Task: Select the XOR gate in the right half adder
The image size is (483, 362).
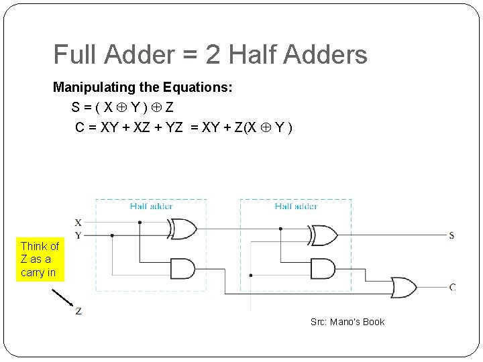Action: pyautogui.click(x=323, y=235)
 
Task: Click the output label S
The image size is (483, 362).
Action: pyautogui.click(x=451, y=235)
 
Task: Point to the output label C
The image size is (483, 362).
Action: pyautogui.click(x=452, y=287)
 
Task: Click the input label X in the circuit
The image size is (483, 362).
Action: pyautogui.click(x=78, y=223)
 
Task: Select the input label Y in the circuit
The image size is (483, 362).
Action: pyautogui.click(x=78, y=235)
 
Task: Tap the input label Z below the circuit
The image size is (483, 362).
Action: pyautogui.click(x=79, y=311)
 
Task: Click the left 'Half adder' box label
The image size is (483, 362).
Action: pyautogui.click(x=151, y=206)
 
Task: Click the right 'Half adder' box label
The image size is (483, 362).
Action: pyautogui.click(x=296, y=206)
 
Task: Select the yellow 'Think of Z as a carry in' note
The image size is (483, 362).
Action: pyautogui.click(x=40, y=259)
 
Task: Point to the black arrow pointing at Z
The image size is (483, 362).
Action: pyautogui.click(x=62, y=296)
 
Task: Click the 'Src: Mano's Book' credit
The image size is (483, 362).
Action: pyautogui.click(x=347, y=322)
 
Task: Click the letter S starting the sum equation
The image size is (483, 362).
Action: pyautogui.click(x=78, y=107)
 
